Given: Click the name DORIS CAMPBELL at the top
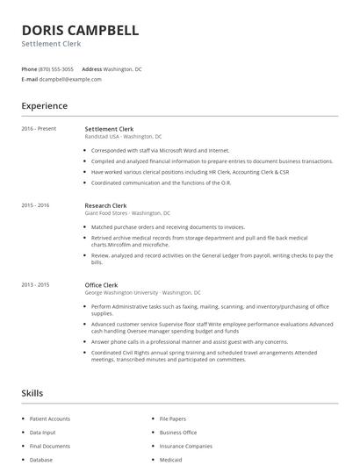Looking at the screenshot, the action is point(80,31).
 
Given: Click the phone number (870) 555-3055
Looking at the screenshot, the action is point(56,68).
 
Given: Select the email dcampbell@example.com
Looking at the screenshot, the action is point(70,79).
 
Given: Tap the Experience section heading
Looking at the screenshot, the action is point(44,106).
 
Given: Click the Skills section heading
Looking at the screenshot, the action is point(32,393).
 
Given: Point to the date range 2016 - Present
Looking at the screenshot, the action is point(39,129).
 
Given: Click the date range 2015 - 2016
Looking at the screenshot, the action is point(35,205).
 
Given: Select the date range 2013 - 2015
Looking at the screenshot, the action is point(35,284).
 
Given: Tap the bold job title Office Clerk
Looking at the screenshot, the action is point(102,284).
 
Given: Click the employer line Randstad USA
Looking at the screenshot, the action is point(123,137).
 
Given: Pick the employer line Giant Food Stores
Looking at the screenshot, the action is point(127,213).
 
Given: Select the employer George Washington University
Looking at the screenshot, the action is point(142,292).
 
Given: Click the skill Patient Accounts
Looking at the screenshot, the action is point(49,419).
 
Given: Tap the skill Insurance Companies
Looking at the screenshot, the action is point(183,446).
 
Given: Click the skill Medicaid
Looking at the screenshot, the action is point(171,459).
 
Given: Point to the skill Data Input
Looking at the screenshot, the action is point(42,433).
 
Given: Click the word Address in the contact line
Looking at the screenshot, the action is point(91,68).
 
